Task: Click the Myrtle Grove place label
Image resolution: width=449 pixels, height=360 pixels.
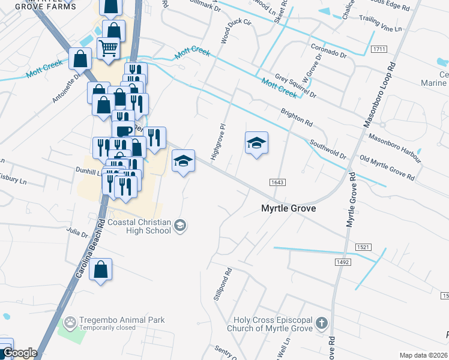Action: click(288, 208)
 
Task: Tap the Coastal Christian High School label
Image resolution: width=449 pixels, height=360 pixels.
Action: click(139, 226)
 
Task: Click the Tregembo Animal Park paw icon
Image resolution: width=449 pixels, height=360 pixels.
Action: click(71, 322)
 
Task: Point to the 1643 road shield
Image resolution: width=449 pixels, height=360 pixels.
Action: click(277, 182)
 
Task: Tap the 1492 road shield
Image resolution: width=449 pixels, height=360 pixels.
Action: click(342, 262)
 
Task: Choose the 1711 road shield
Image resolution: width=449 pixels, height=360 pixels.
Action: click(378, 49)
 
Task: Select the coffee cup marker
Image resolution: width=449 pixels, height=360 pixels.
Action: click(124, 131)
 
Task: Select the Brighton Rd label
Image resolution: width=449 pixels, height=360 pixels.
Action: click(297, 116)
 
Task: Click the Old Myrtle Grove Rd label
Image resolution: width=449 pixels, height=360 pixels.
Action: click(387, 169)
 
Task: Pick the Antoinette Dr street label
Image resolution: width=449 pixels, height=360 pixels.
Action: click(66, 89)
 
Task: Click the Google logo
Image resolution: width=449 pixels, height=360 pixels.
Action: click(20, 353)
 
